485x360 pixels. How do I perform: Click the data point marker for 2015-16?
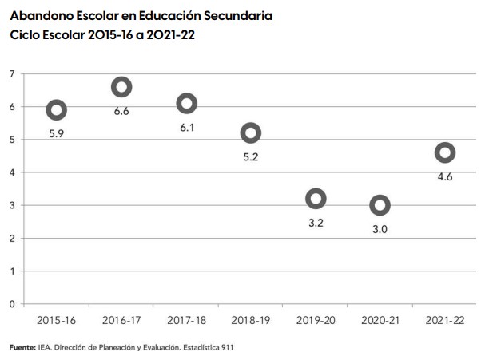coord(56,109)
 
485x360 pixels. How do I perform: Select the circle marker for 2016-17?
coord(121,87)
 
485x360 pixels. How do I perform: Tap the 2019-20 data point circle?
coord(316,198)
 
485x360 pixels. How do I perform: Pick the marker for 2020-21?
coord(380,205)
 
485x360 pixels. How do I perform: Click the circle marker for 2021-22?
coord(445,152)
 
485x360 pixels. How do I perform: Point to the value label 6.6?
coord(121,111)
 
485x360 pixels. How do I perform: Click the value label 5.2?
coord(251,157)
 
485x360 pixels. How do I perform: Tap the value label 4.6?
coord(445,177)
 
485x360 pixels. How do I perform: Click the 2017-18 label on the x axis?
coord(186,320)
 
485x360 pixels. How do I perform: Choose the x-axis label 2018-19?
coord(251,320)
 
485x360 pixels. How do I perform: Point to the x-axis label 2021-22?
coord(445,320)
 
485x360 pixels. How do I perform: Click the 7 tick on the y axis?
coord(12,74)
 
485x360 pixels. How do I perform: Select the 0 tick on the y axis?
coord(12,304)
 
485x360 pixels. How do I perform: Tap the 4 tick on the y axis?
coord(12,172)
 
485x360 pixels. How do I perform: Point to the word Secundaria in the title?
coord(241,15)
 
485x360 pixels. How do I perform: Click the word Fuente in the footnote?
coord(22,347)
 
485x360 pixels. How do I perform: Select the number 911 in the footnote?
coord(225,347)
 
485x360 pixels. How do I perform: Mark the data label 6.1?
coord(186,128)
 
